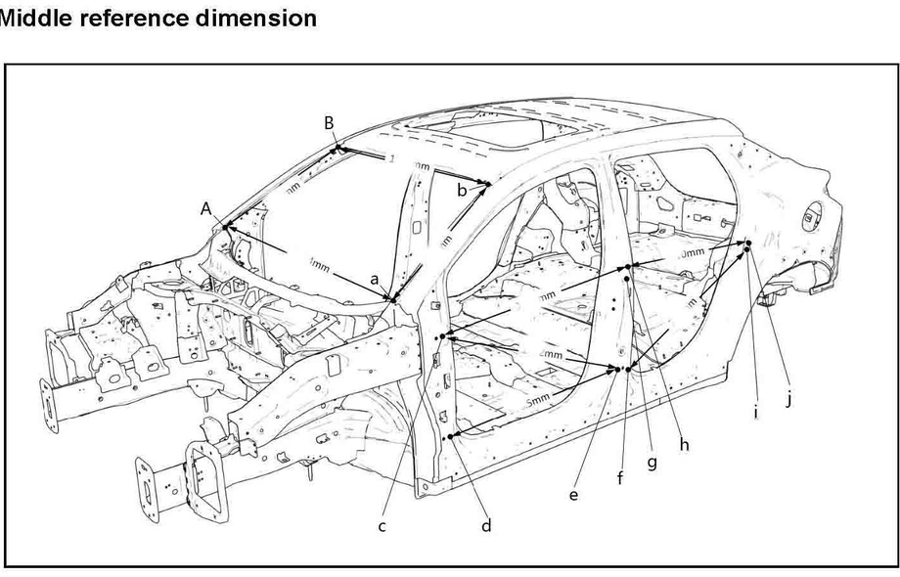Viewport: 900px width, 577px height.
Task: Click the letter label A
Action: point(206,208)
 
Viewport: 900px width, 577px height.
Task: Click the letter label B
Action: point(330,122)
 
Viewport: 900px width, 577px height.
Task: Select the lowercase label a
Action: point(374,279)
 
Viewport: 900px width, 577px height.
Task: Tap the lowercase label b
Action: point(461,191)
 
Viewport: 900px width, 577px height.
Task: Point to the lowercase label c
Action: point(382,527)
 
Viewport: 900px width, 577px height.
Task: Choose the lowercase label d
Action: point(486,526)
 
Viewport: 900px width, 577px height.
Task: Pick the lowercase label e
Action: point(573,495)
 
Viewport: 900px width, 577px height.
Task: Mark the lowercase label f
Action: point(619,478)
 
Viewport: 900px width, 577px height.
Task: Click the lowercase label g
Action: point(652,463)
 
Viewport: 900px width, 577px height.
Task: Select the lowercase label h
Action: point(684,445)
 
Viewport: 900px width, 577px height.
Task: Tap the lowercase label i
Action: point(755,414)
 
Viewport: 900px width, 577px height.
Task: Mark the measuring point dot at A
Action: point(225,227)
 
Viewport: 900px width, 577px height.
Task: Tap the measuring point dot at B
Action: point(337,148)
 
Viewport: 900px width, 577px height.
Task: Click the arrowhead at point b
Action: point(486,183)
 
